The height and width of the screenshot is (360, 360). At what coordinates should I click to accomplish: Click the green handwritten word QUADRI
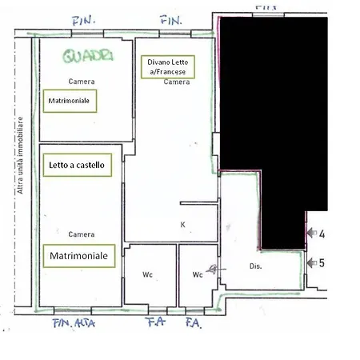coord(88,55)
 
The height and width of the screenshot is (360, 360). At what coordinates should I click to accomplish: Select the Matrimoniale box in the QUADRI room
coord(69,102)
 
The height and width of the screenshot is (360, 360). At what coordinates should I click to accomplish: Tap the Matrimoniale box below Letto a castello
coord(78,255)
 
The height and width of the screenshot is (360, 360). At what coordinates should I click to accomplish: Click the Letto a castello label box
coord(77,164)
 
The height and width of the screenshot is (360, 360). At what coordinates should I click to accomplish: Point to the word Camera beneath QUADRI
coord(82,82)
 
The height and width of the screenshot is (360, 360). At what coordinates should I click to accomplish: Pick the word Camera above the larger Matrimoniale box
coord(82,234)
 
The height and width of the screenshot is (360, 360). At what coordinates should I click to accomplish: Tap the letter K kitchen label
coord(182,225)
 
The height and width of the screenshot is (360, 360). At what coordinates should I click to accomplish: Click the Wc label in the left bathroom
coord(148,275)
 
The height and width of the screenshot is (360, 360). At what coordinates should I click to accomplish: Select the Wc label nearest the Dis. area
coord(197,275)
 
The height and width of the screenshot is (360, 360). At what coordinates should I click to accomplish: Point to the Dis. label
coord(256,266)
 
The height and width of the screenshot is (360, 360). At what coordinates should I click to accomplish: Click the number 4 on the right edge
coord(322,235)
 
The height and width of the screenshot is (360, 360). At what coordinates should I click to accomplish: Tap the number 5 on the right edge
coord(322,262)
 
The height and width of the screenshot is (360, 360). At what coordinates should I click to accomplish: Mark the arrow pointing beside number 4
coord(310,234)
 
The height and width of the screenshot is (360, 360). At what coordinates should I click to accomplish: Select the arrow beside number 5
coord(310,262)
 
